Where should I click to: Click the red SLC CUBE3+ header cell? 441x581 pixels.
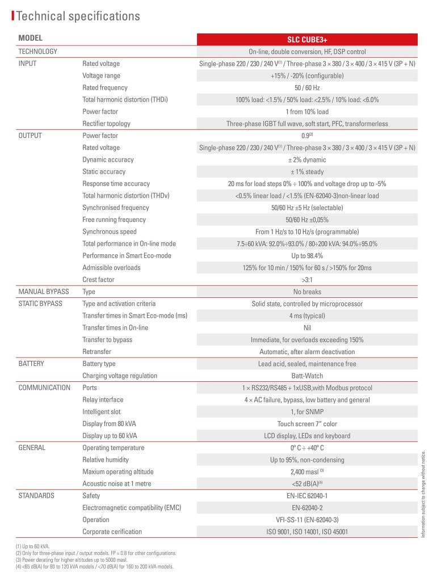pos(307,40)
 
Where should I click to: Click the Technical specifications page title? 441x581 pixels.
pos(78,16)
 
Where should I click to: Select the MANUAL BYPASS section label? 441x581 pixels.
pos(44,292)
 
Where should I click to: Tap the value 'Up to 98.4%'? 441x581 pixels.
pos(307,255)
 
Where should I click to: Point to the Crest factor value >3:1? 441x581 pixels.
pos(307,280)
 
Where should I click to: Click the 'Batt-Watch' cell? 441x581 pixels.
pos(307,376)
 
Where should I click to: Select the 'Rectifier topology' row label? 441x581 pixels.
pos(106,124)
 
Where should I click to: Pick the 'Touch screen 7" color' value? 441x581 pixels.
pos(307,424)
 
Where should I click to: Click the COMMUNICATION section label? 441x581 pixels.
pos(44,388)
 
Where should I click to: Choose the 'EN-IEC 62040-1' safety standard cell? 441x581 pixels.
pos(307,495)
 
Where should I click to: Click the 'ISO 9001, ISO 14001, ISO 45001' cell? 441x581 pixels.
pos(307,532)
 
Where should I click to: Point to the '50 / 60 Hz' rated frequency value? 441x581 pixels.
pos(307,87)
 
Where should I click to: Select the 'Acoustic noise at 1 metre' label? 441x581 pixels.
pos(117,483)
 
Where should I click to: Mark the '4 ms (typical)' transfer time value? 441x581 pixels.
pos(307,315)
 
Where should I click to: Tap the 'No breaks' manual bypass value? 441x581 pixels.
pos(307,292)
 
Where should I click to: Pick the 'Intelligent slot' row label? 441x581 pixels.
pos(102,412)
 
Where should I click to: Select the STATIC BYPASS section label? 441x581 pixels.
pos(40,304)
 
